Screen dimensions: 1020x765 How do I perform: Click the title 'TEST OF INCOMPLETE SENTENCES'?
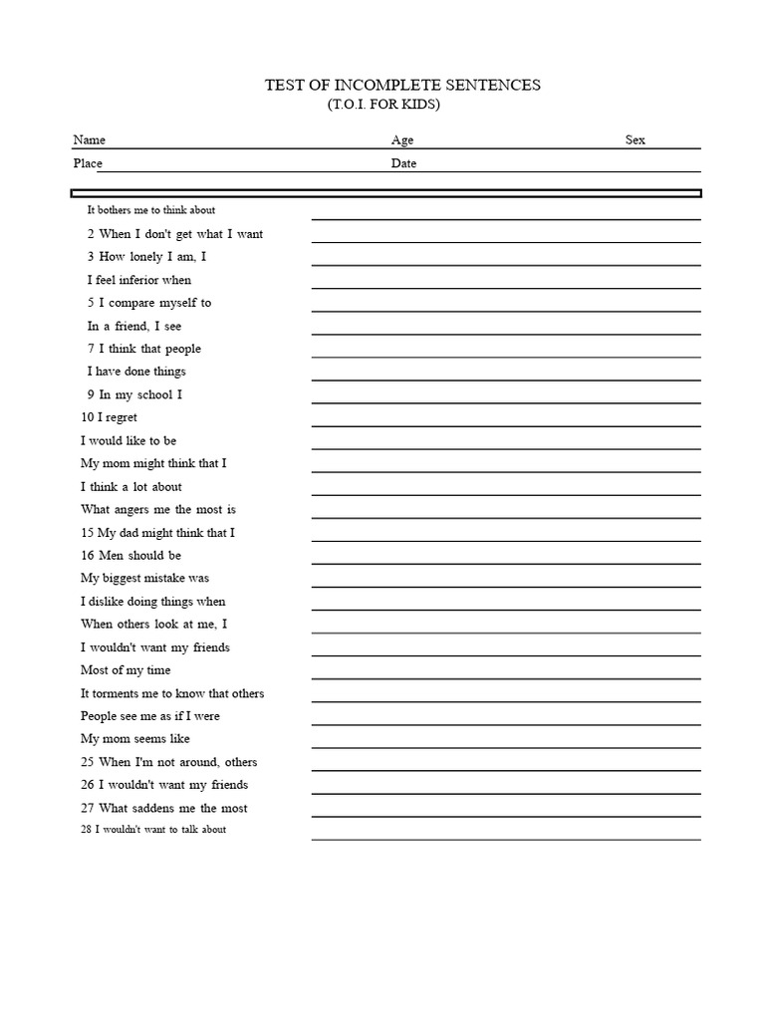point(401,85)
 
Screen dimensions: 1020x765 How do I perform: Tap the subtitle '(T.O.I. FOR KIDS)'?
point(383,105)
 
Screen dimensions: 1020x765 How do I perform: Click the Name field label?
point(89,140)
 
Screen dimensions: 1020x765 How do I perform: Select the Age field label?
point(402,140)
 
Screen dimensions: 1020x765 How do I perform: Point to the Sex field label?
point(636,140)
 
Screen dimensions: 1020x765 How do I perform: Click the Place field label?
point(88,163)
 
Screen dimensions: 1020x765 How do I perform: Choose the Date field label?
point(403,163)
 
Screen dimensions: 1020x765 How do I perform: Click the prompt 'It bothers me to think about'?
point(151,210)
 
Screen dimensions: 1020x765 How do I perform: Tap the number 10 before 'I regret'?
point(87,417)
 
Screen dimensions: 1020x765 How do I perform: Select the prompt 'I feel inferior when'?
point(139,280)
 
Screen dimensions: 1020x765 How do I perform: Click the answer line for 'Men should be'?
point(505,564)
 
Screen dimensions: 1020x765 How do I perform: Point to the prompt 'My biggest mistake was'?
point(144,578)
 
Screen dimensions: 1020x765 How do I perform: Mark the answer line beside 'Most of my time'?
point(505,678)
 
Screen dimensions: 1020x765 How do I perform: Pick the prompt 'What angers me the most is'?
point(158,509)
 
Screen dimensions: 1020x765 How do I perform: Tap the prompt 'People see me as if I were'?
point(150,716)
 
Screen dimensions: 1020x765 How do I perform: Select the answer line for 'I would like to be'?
point(505,449)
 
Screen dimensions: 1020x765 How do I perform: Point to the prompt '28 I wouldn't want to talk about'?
point(153,830)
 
